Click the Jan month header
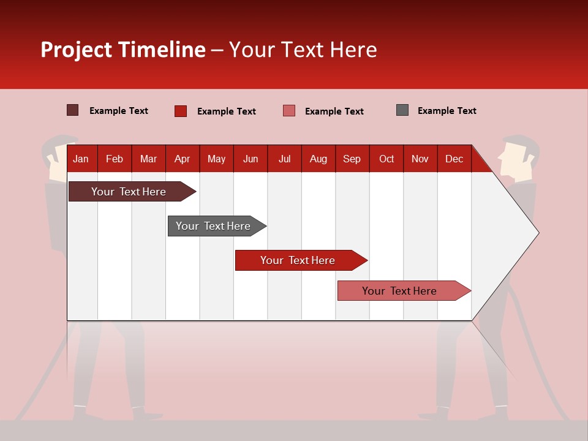point(81,159)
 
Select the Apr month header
point(183,159)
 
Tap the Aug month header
point(318,159)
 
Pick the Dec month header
point(454,159)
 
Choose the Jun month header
point(251,159)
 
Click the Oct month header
point(386,159)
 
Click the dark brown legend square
point(72,110)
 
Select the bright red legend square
point(180,111)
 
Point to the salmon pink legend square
point(289,111)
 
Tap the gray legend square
point(402,110)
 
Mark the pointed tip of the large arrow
point(537,232)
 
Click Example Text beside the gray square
point(447,111)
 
